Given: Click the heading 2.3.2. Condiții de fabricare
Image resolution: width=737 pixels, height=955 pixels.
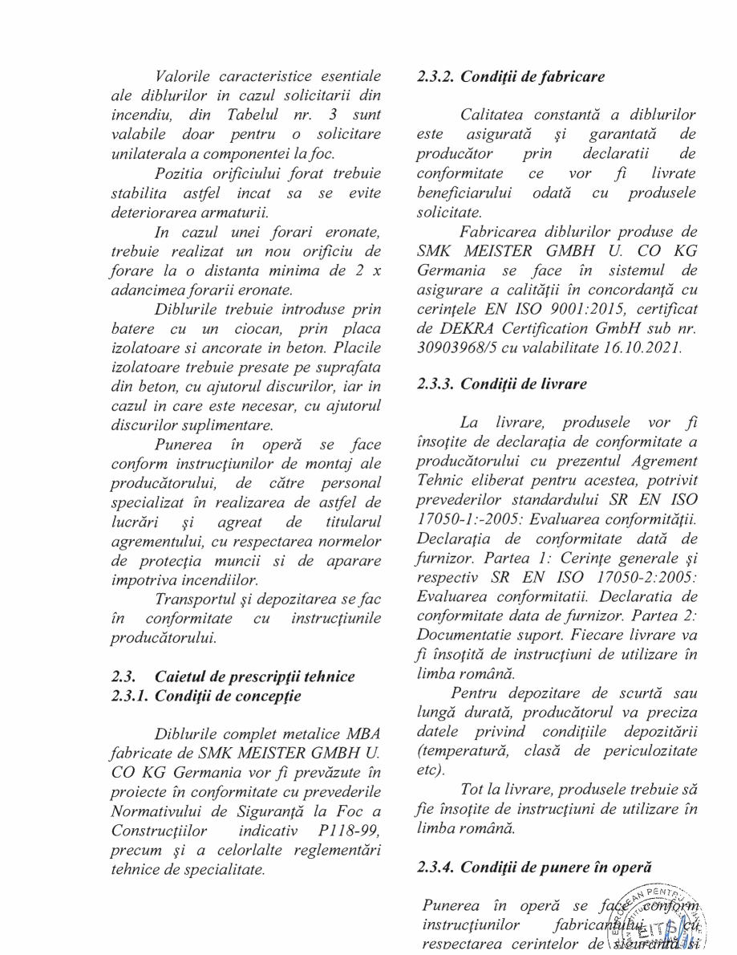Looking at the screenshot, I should tap(511, 77).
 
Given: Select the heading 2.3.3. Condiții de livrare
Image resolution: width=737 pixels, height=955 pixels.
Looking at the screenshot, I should tap(502, 384).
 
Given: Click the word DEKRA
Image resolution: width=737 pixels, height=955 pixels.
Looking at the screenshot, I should tap(456, 331).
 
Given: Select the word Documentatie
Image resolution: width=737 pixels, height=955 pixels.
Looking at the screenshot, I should tap(466, 636).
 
